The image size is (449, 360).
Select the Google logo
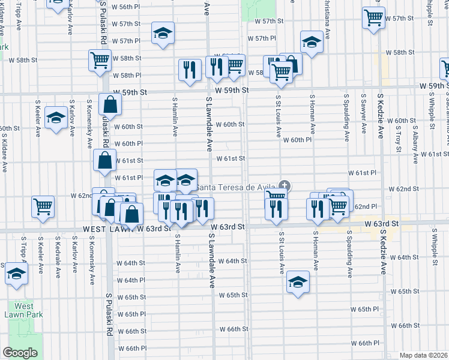tap(20, 353)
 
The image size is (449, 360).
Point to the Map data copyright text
tap(423, 355)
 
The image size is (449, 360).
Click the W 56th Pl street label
tap(126, 7)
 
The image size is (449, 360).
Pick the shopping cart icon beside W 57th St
tap(374, 17)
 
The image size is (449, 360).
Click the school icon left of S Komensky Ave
tap(56, 117)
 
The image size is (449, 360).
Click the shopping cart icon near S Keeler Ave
tap(43, 206)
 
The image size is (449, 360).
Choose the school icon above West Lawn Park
tap(16, 273)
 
